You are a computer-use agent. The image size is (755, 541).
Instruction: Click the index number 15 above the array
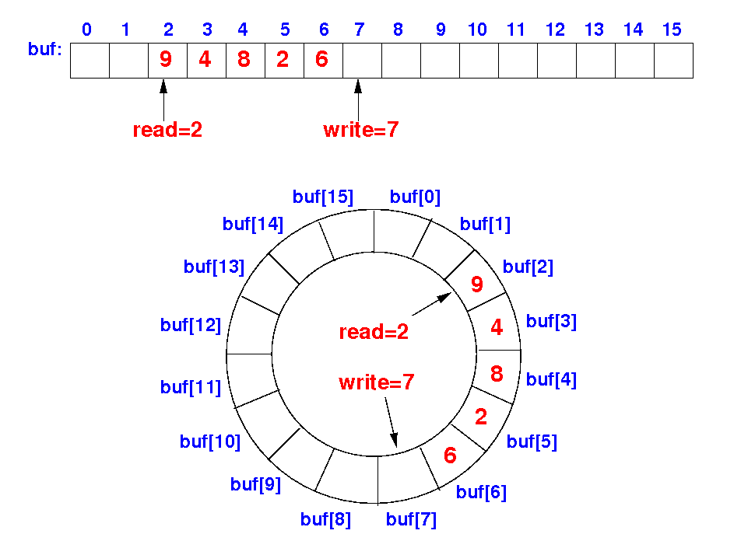click(x=672, y=30)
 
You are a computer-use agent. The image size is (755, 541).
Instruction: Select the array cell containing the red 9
click(x=167, y=60)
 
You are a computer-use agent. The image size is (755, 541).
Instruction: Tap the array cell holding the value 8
click(x=245, y=60)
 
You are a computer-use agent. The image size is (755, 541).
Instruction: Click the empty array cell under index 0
click(x=90, y=60)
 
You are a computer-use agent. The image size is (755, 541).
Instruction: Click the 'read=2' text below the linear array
click(x=167, y=130)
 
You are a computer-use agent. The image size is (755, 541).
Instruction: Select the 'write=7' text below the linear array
click(x=360, y=130)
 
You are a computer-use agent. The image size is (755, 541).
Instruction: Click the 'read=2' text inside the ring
click(x=374, y=332)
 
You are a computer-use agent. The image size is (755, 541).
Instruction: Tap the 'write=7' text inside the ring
click(x=377, y=382)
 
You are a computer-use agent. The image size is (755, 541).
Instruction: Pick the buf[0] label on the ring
click(x=415, y=197)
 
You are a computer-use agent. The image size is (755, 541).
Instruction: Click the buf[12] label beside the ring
click(x=191, y=324)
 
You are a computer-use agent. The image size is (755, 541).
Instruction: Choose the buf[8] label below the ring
click(x=326, y=518)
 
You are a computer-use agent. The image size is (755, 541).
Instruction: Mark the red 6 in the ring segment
click(x=450, y=455)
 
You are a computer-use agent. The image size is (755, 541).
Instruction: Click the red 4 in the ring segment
click(x=497, y=327)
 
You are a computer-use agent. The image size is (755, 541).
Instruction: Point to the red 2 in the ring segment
click(x=481, y=417)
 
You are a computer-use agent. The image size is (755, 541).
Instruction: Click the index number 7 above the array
click(x=359, y=30)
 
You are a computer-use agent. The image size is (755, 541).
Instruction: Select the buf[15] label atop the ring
click(x=323, y=197)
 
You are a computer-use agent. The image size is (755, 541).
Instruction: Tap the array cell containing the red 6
click(x=321, y=60)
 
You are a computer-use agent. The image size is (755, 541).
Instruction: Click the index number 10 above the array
click(x=477, y=30)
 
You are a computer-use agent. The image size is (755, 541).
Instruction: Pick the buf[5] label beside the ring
click(x=532, y=442)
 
